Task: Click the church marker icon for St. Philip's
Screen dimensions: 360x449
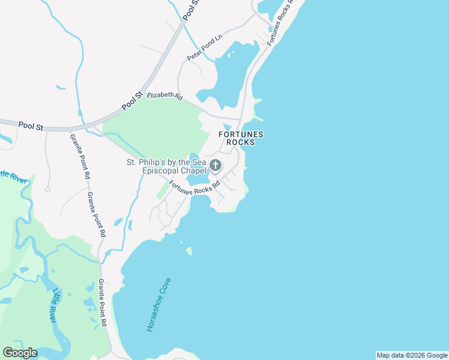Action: (215, 164)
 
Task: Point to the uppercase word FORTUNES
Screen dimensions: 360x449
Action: (241, 134)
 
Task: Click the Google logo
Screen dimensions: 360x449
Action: (20, 352)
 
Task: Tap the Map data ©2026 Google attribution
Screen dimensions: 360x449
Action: (411, 355)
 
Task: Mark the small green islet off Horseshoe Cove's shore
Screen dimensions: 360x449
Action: (189, 251)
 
